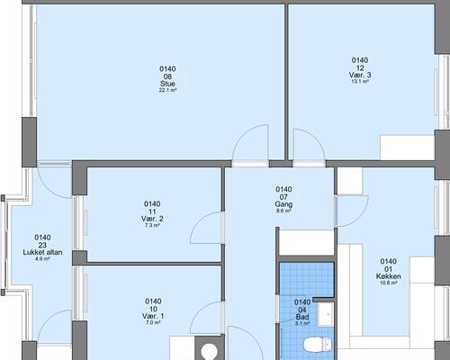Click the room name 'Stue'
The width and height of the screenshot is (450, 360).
[167, 84]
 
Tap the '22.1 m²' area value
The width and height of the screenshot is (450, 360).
[167, 90]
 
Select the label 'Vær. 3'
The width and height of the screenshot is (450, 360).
[360, 75]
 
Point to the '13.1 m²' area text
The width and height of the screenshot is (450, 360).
[360, 81]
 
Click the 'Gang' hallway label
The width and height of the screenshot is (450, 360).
[283, 204]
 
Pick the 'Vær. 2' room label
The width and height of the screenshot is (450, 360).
[152, 219]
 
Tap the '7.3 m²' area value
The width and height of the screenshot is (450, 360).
[152, 225]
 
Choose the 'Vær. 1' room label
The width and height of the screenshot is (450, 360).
[153, 316]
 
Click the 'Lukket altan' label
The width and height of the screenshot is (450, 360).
[42, 252]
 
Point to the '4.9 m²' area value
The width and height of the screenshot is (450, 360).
[42, 258]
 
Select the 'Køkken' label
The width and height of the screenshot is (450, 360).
[389, 276]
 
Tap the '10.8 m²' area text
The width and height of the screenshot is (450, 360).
[389, 283]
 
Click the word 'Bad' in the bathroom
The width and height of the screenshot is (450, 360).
[302, 317]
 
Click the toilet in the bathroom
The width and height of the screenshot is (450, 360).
[318, 344]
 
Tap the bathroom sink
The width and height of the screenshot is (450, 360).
[326, 314]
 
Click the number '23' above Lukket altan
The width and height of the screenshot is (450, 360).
[42, 246]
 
